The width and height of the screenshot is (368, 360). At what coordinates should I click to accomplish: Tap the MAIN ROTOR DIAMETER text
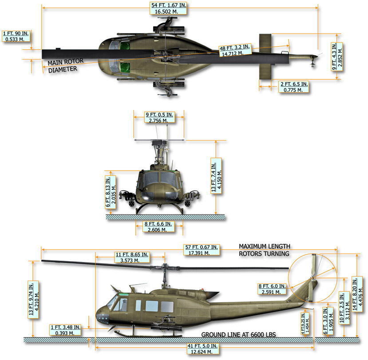tap(64, 66)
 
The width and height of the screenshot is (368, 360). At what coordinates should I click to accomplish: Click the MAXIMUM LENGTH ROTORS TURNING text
tap(264, 250)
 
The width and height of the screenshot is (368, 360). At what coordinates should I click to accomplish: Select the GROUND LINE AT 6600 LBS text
tap(238, 334)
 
